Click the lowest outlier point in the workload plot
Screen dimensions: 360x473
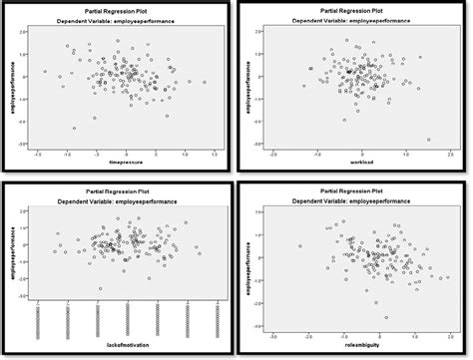(428, 140)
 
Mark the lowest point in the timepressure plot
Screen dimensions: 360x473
(73, 128)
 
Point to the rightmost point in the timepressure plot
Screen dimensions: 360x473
(205, 82)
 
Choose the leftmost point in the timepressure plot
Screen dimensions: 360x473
(45, 72)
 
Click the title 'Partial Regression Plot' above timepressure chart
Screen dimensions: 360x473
(120, 7)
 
